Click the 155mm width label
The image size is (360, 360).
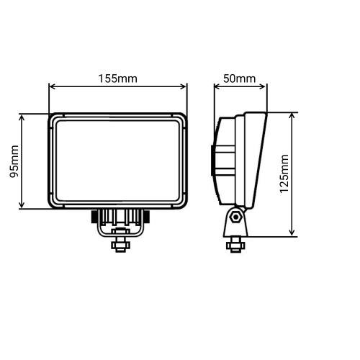pyautogui.click(x=118, y=77)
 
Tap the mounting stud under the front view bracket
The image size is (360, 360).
pyautogui.click(x=119, y=244)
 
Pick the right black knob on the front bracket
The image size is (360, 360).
pyautogui.click(x=145, y=215)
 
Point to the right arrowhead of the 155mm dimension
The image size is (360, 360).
pyautogui.click(x=185, y=87)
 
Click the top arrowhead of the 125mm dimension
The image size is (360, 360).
pyautogui.click(x=292, y=115)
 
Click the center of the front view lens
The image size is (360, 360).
pyautogui.click(x=118, y=161)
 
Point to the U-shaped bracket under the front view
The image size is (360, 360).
pyautogui.click(x=119, y=229)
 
